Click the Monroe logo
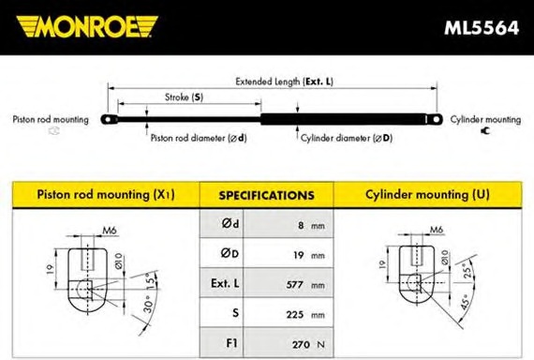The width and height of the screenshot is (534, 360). pyautogui.click(x=87, y=26)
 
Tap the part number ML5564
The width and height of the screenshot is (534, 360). pyautogui.click(x=482, y=28)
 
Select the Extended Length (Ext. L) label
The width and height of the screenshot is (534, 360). pyautogui.click(x=285, y=82)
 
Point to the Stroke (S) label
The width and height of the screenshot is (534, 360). pyautogui.click(x=184, y=97)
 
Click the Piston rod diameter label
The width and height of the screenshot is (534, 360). pyautogui.click(x=199, y=138)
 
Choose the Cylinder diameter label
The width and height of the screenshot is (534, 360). pyautogui.click(x=347, y=138)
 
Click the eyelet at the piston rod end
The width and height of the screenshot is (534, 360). pyautogui.click(x=109, y=120)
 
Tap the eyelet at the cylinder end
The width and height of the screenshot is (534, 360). pyautogui.click(x=435, y=119)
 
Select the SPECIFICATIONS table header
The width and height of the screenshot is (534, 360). pyautogui.click(x=267, y=195)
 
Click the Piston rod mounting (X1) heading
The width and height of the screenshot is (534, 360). pyautogui.click(x=106, y=195)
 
